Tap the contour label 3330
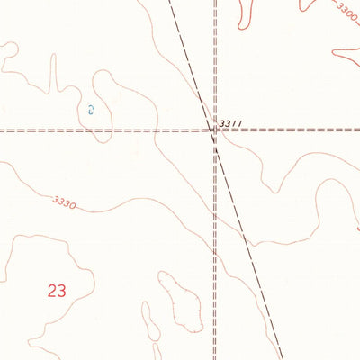(x=63, y=202)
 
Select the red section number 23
(x=57, y=291)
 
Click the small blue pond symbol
(x=91, y=110)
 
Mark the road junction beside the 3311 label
(x=215, y=130)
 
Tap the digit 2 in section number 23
(x=51, y=291)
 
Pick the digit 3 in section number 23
(x=62, y=291)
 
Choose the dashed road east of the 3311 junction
(x=297, y=130)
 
